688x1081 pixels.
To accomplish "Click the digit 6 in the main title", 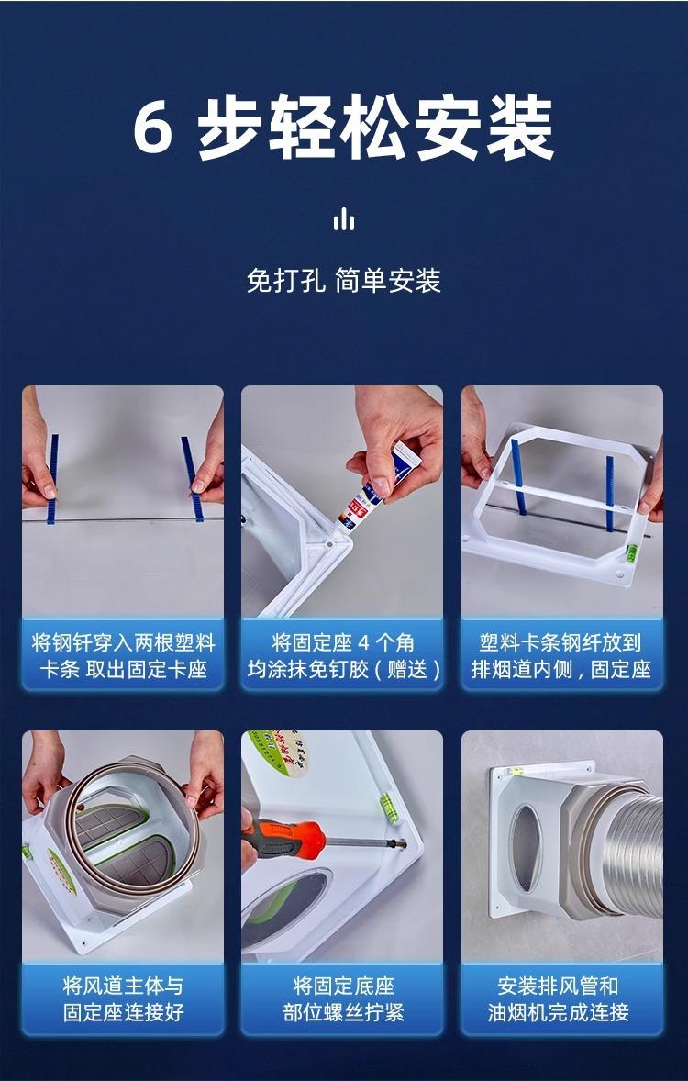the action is [x=152, y=128].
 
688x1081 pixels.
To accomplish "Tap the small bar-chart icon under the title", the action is [x=343, y=220].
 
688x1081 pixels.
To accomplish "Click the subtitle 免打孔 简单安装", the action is [x=343, y=281].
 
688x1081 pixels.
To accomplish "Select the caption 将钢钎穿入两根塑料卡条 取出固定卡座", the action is [x=124, y=655].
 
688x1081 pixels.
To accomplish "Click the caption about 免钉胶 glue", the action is [x=343, y=655].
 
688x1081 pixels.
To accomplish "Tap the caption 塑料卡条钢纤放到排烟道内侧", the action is [x=561, y=655].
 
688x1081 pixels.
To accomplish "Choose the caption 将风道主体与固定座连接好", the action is [x=124, y=999].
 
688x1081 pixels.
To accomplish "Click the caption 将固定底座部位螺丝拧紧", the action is [x=343, y=999].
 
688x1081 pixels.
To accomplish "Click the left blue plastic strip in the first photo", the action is [x=52, y=478].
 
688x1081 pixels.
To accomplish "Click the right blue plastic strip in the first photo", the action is [x=192, y=478].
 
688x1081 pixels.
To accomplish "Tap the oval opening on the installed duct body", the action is [x=526, y=847].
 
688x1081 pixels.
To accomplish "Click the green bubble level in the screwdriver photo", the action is [x=390, y=808].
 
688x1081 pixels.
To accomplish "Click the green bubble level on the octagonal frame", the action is [x=631, y=552].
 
